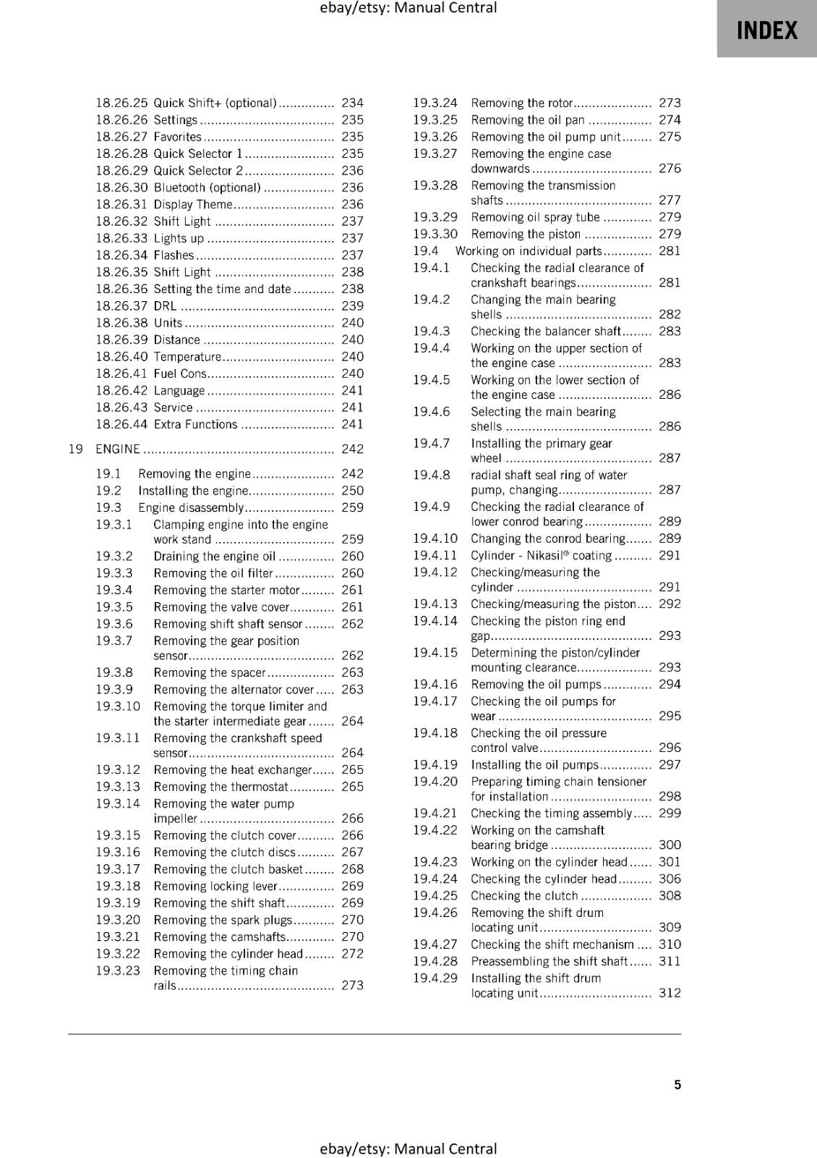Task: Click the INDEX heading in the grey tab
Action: pos(766,30)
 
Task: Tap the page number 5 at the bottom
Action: pos(677,1084)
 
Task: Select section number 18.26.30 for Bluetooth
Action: pos(121,187)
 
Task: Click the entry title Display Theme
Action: pos(192,205)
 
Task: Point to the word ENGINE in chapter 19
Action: pos(118,449)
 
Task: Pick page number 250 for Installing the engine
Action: pos(352,491)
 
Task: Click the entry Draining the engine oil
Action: pos(214,557)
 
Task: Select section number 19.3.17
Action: pos(118,869)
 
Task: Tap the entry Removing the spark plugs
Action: pos(223,920)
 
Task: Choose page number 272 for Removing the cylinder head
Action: pos(352,954)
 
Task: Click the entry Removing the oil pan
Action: pos(527,120)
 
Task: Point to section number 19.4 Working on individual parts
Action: pos(426,251)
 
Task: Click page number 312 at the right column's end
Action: pos(670,993)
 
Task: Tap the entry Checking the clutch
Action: pos(524,896)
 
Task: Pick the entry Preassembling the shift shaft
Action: pos(549,961)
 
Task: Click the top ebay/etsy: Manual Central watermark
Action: pos(408,8)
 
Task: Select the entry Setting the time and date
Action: pos(222,289)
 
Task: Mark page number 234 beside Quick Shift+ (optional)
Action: pos(352,103)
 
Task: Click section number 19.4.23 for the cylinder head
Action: pos(435,862)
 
